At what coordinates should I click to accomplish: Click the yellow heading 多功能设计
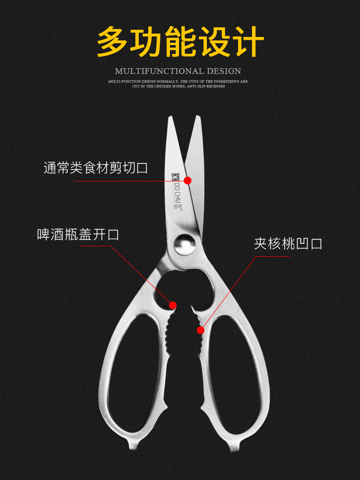pos(180,42)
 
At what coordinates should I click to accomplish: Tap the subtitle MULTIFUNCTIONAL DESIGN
pos(178,71)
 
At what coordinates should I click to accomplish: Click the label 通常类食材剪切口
pos(96,168)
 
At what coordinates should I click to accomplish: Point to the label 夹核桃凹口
pos(288,243)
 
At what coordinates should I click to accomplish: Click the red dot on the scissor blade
pos(188,180)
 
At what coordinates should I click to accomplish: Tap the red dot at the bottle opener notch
pos(173,305)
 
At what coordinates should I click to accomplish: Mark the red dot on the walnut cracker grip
pos(200,330)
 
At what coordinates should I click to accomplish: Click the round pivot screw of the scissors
pos(184,243)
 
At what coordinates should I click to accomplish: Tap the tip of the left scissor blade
pos(170,119)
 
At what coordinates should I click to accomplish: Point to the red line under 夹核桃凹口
pos(272,256)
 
